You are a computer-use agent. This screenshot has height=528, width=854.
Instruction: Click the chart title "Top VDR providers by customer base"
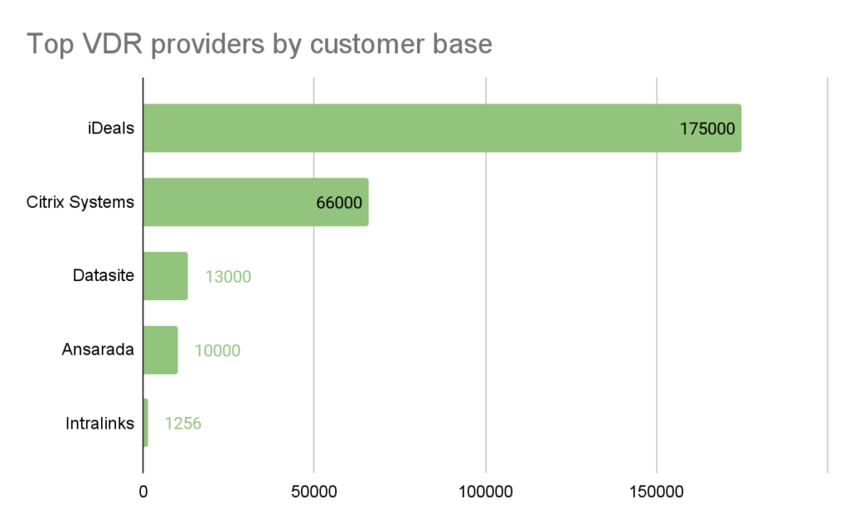(x=259, y=44)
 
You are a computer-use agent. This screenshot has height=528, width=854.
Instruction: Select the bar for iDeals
(x=442, y=128)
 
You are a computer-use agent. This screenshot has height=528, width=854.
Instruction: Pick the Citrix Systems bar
(x=256, y=202)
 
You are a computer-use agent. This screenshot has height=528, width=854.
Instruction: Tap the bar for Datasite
(x=166, y=276)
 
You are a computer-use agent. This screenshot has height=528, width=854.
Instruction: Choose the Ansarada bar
(x=161, y=350)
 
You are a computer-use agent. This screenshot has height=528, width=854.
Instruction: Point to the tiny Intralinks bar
(x=146, y=423)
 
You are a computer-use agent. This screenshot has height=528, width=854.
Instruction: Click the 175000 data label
(x=707, y=128)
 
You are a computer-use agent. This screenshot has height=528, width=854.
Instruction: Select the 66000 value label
(x=339, y=203)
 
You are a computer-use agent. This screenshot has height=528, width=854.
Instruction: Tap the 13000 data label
(x=228, y=277)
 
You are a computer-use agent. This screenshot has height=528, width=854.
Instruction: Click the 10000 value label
(x=218, y=350)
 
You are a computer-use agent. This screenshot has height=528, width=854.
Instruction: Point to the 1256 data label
(x=183, y=424)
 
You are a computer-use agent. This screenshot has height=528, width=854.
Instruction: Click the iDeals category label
(x=111, y=128)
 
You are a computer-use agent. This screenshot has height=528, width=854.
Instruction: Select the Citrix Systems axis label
(x=80, y=202)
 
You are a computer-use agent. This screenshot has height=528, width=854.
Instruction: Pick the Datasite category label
(x=103, y=275)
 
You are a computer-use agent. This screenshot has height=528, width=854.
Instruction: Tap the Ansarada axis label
(x=98, y=349)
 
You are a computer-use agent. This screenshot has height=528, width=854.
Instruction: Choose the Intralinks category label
(x=100, y=424)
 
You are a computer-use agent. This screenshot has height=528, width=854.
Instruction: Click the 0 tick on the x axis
(x=143, y=492)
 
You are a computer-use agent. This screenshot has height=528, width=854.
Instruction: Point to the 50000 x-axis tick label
(x=314, y=492)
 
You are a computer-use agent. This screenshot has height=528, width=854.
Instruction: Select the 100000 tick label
(x=485, y=492)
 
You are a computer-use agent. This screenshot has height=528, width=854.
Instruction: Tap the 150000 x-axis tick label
(x=656, y=492)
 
